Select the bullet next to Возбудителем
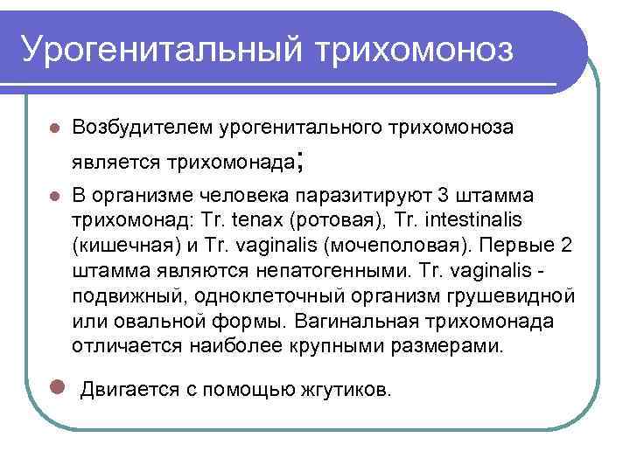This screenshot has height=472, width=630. coord(54,128)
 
